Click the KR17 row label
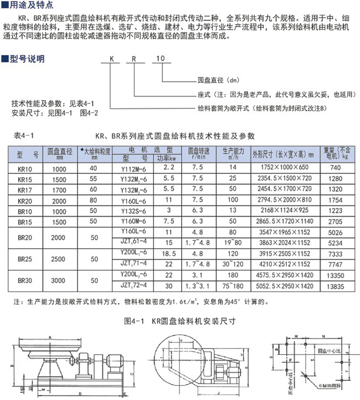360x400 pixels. pos(25,190)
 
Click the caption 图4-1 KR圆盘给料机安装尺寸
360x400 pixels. pos(178,320)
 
